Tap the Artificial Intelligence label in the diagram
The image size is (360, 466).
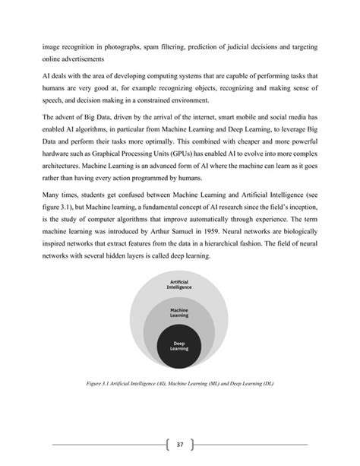(x=180, y=286)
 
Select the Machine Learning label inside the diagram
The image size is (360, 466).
(x=180, y=312)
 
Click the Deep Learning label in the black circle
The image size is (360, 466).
(x=179, y=346)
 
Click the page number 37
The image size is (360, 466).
(x=180, y=445)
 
